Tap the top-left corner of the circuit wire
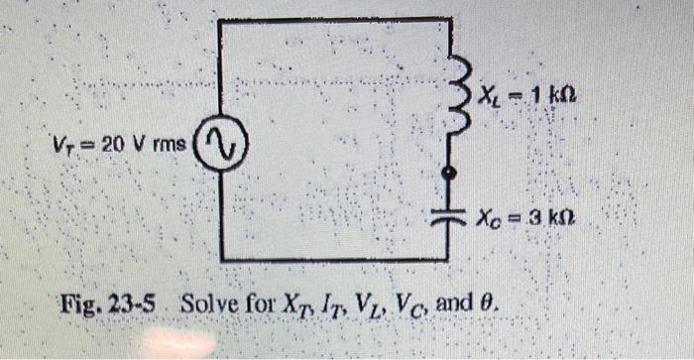click(219, 21)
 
